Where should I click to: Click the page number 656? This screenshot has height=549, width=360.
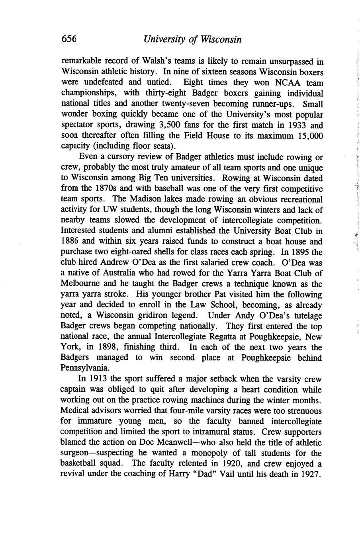pos(69,39)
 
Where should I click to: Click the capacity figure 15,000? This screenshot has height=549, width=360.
pos(310,136)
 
